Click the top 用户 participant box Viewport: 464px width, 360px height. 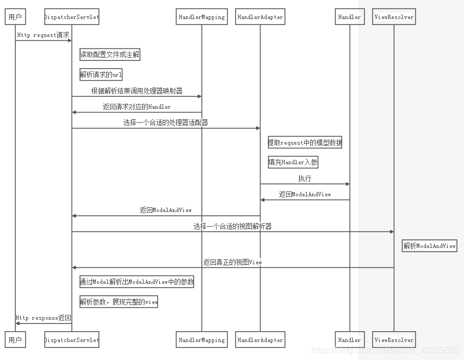15,17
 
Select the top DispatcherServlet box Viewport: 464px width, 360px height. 72,17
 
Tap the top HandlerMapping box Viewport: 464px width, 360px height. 201,17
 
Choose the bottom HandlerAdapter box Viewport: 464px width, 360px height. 260,340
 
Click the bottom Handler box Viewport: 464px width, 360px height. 349,340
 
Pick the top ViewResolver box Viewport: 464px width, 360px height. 394,17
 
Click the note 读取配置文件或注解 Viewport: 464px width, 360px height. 110,54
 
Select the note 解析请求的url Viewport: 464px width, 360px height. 101,75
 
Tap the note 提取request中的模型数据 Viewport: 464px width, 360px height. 305,143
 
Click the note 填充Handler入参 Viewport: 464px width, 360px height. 293,162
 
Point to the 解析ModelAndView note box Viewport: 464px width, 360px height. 430,246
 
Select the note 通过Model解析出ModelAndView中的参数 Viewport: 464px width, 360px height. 137,282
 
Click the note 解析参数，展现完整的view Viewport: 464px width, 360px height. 119,302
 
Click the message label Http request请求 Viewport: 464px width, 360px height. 44,35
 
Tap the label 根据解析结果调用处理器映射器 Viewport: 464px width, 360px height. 137,91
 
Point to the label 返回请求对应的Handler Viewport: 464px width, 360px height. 137,107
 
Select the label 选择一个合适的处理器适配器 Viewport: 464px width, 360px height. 165,122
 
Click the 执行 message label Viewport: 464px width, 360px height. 305,178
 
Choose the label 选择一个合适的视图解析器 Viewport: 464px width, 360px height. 232,226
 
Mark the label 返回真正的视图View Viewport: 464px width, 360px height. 232,262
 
